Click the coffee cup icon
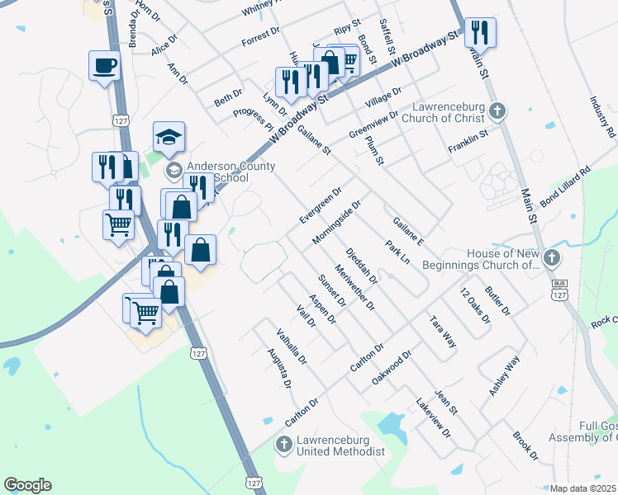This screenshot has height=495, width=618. click(105, 65)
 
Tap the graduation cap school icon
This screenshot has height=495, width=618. click(169, 136)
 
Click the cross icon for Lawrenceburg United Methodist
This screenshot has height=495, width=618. click(283, 445)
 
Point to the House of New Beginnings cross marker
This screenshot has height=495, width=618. click(552, 259)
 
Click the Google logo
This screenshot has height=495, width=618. click(27, 485)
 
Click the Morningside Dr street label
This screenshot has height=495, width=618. click(338, 221)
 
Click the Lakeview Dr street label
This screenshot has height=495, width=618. click(433, 419)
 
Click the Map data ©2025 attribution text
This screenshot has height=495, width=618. click(582, 488)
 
